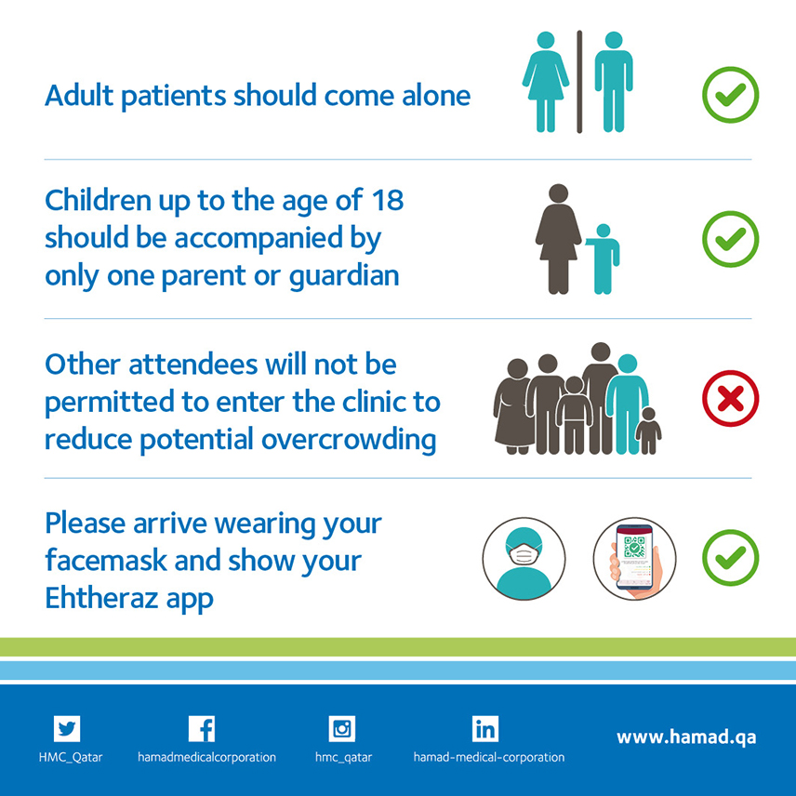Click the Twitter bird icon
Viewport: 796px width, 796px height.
click(67, 728)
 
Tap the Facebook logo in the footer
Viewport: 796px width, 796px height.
click(202, 728)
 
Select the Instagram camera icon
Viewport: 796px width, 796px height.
click(341, 728)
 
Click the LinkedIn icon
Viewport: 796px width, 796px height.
click(484, 728)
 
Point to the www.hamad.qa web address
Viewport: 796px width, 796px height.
click(686, 737)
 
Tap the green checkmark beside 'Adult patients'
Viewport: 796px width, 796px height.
click(731, 95)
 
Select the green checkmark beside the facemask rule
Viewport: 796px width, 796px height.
click(731, 557)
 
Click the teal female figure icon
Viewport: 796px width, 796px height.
click(546, 82)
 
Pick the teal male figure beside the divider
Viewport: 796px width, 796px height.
click(614, 82)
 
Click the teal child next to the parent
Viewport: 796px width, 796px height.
click(604, 259)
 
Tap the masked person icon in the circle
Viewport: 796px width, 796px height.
click(524, 559)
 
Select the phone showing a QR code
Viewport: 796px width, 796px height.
click(633, 558)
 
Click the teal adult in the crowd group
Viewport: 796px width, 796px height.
click(628, 405)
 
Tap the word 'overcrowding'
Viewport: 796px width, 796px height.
click(349, 440)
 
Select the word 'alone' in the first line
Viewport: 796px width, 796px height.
click(436, 96)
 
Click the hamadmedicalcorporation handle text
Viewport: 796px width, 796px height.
click(206, 758)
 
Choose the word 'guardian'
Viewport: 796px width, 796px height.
click(344, 277)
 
